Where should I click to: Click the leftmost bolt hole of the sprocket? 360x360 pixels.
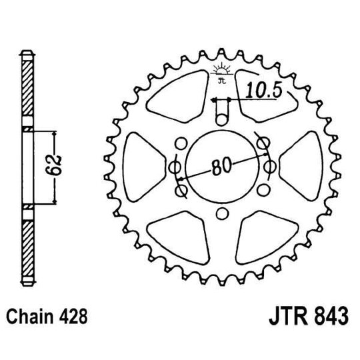(x=175, y=167)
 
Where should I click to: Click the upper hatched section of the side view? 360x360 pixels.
(x=26, y=90)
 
